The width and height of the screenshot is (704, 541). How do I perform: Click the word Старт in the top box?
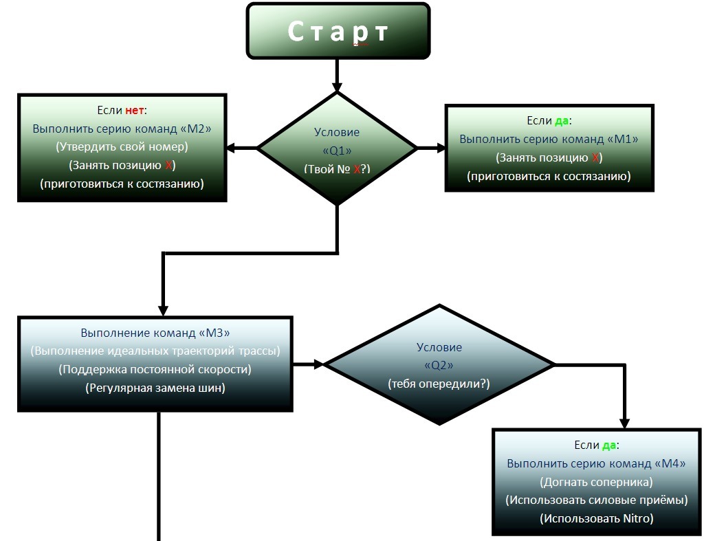(338, 32)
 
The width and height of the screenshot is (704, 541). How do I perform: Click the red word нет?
(135, 110)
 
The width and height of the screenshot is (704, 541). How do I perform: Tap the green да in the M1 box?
(562, 121)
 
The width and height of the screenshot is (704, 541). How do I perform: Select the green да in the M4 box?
(608, 445)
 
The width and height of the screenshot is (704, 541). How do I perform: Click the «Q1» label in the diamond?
(337, 151)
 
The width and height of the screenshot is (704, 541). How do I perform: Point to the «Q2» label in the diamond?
(439, 366)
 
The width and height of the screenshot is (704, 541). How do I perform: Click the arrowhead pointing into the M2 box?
(232, 148)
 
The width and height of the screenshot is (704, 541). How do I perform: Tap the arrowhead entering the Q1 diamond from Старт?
(337, 87)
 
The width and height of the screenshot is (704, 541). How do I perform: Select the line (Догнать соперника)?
(596, 482)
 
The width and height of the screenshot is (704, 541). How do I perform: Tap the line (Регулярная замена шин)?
(155, 388)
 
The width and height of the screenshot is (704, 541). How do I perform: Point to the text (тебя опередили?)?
(439, 384)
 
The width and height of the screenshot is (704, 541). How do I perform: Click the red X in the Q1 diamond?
(357, 169)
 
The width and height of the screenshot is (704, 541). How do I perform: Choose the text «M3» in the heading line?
(214, 333)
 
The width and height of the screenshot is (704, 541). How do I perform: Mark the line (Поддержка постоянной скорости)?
(155, 369)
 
